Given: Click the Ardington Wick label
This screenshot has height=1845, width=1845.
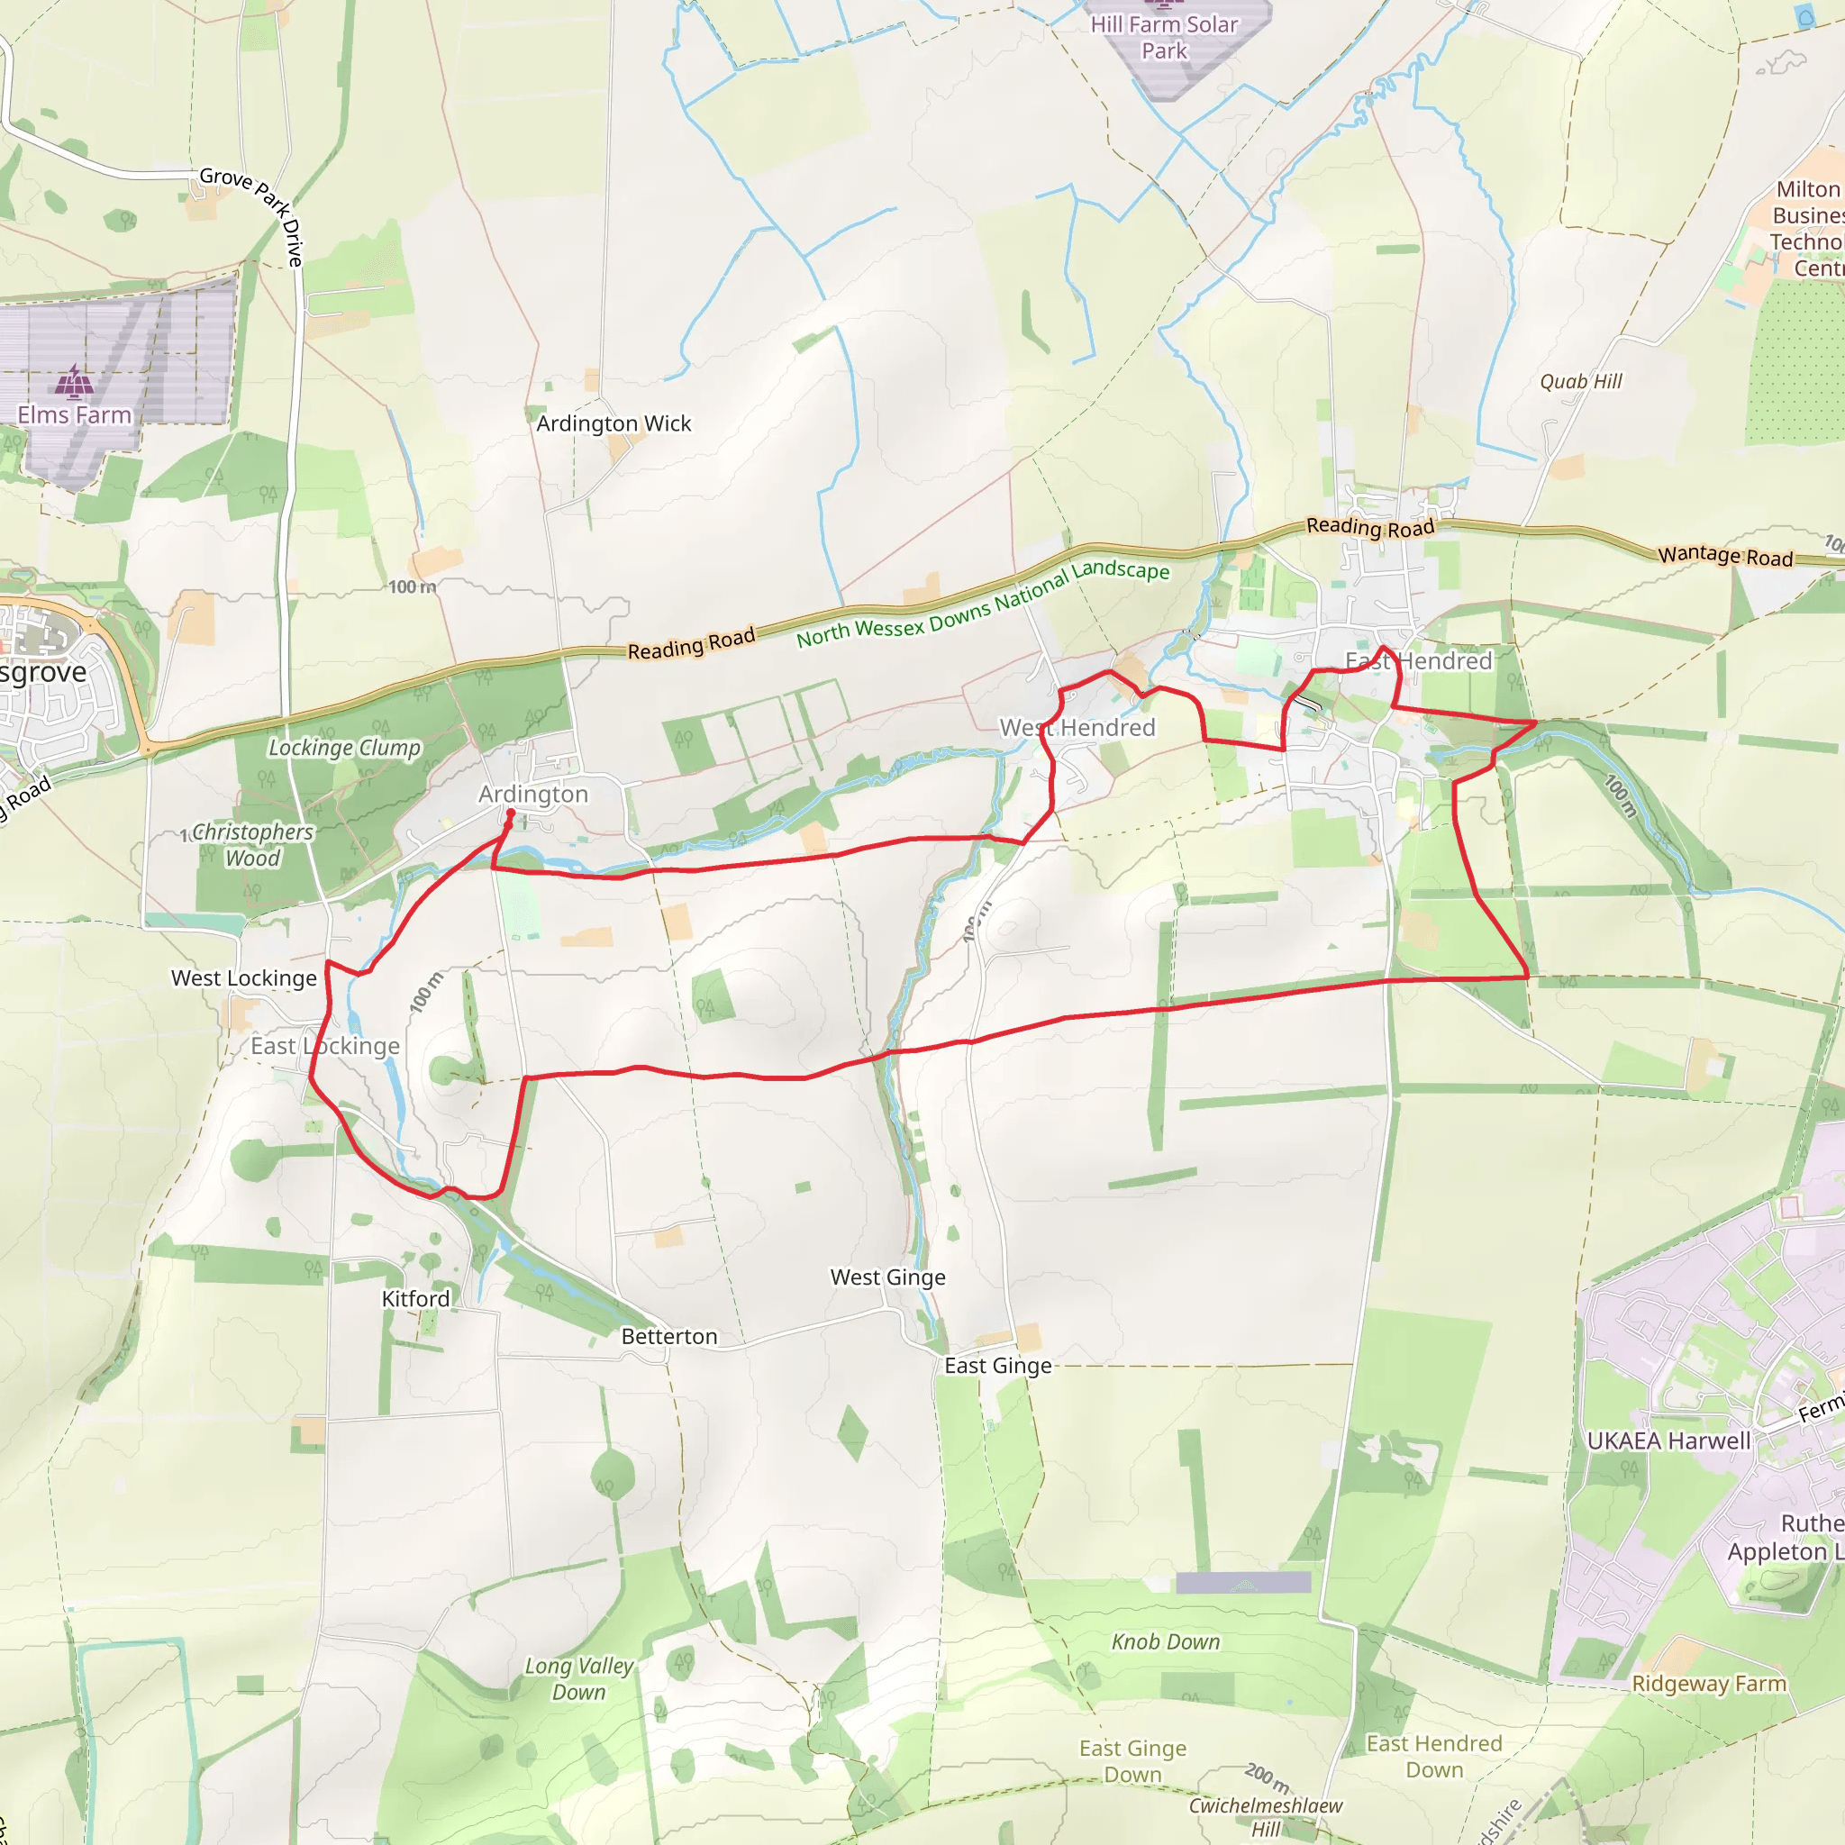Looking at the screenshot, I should click(x=613, y=423).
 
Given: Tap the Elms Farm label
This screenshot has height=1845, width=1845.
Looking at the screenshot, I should click(x=75, y=415).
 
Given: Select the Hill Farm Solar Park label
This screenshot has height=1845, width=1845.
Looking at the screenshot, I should click(x=1163, y=37).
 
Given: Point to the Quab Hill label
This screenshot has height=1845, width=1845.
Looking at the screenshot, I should click(x=1580, y=382).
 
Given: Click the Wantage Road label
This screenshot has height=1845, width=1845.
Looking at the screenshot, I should click(x=1724, y=556).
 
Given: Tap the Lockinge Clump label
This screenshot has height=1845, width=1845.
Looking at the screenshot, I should click(x=344, y=748).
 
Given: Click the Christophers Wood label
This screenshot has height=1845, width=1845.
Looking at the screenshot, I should click(x=252, y=845).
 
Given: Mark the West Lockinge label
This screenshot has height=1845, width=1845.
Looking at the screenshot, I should click(x=243, y=977).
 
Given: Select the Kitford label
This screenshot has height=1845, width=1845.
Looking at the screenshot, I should click(x=415, y=1299).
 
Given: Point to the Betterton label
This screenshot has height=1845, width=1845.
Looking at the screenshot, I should click(x=668, y=1336).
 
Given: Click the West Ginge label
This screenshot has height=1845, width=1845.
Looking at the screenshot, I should click(x=887, y=1277).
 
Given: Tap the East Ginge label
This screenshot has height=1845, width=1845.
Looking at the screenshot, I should click(x=997, y=1366).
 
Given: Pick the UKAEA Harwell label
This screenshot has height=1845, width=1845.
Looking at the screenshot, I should click(x=1668, y=1441).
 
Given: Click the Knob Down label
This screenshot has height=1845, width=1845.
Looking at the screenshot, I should click(x=1165, y=1641).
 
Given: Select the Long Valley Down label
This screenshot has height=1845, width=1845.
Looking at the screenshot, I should click(x=578, y=1679).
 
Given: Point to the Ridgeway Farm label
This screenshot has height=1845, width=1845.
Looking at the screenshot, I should click(x=1708, y=1684).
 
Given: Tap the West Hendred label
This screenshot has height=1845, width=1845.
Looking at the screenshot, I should click(x=1077, y=728).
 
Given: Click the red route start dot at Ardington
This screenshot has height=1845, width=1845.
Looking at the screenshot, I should click(x=510, y=813).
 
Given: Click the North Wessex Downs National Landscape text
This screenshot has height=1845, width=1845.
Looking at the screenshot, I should click(x=983, y=604).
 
